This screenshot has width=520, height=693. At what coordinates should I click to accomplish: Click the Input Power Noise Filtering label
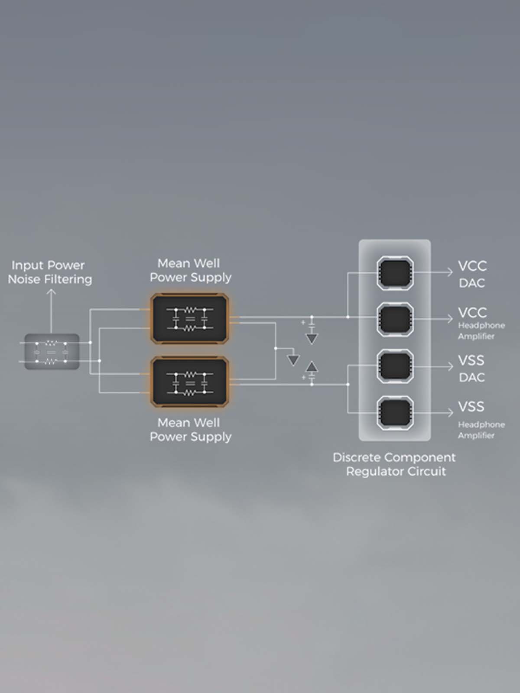(x=50, y=272)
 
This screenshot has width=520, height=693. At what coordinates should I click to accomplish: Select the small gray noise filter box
(x=52, y=351)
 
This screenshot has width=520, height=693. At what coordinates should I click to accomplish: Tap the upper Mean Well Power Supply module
(x=189, y=318)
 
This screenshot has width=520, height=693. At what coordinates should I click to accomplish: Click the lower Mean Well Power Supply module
(x=189, y=382)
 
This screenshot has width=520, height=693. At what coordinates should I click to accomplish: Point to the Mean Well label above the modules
(x=190, y=270)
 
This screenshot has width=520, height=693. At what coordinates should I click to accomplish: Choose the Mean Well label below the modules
(x=190, y=430)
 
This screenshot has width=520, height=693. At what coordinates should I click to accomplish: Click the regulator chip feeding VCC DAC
(x=395, y=273)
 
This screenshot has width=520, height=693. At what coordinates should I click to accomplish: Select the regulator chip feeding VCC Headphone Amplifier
(x=395, y=319)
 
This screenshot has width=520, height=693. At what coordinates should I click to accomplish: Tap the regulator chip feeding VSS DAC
(x=395, y=366)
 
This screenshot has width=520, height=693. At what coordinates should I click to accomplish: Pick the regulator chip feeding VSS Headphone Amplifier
(x=395, y=413)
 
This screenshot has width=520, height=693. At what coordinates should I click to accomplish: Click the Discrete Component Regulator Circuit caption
(x=394, y=464)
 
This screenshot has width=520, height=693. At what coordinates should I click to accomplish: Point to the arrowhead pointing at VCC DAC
(x=450, y=272)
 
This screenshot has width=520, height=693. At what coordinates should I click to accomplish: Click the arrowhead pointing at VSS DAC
(x=450, y=366)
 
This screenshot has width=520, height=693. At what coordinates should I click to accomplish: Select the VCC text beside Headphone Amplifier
(x=472, y=313)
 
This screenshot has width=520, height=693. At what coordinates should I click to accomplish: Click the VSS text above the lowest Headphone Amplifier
(x=471, y=407)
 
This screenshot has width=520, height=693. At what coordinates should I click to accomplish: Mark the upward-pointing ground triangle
(x=312, y=366)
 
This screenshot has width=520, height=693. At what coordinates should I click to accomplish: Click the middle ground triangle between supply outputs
(x=293, y=360)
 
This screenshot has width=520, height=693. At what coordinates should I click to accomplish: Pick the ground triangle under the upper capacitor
(x=312, y=339)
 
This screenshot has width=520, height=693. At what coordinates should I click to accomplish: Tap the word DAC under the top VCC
(x=472, y=284)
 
